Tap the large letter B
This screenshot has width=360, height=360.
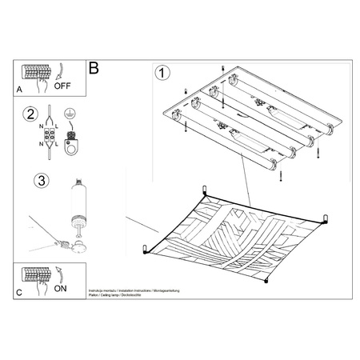point(95,69)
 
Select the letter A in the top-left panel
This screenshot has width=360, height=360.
point(20,90)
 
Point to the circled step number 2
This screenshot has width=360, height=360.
point(30,114)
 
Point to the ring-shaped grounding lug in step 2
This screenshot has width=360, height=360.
point(73,146)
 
